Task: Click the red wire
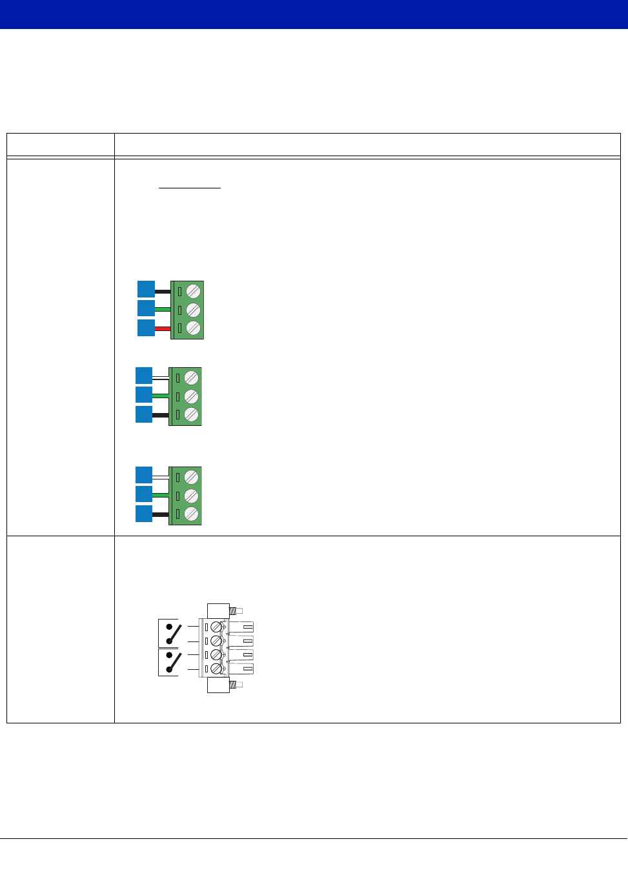coord(163,328)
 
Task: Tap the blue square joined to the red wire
coord(147,328)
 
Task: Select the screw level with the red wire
coord(194,328)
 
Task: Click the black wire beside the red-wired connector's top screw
coord(163,291)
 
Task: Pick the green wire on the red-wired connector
coord(163,310)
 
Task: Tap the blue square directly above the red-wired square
coord(147,308)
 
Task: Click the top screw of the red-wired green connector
coord(194,292)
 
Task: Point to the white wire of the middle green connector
coord(160,377)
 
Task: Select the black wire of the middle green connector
coord(160,415)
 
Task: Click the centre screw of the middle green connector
coord(191,396)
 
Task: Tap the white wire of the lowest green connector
coord(160,476)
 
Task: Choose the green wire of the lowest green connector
coord(160,496)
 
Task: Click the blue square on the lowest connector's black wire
coord(144,514)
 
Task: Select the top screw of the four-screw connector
coord(216,627)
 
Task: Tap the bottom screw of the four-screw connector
coord(216,669)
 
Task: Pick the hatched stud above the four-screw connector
coord(236,610)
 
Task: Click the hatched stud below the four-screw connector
coord(236,684)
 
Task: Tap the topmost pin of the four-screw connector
coord(241,627)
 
